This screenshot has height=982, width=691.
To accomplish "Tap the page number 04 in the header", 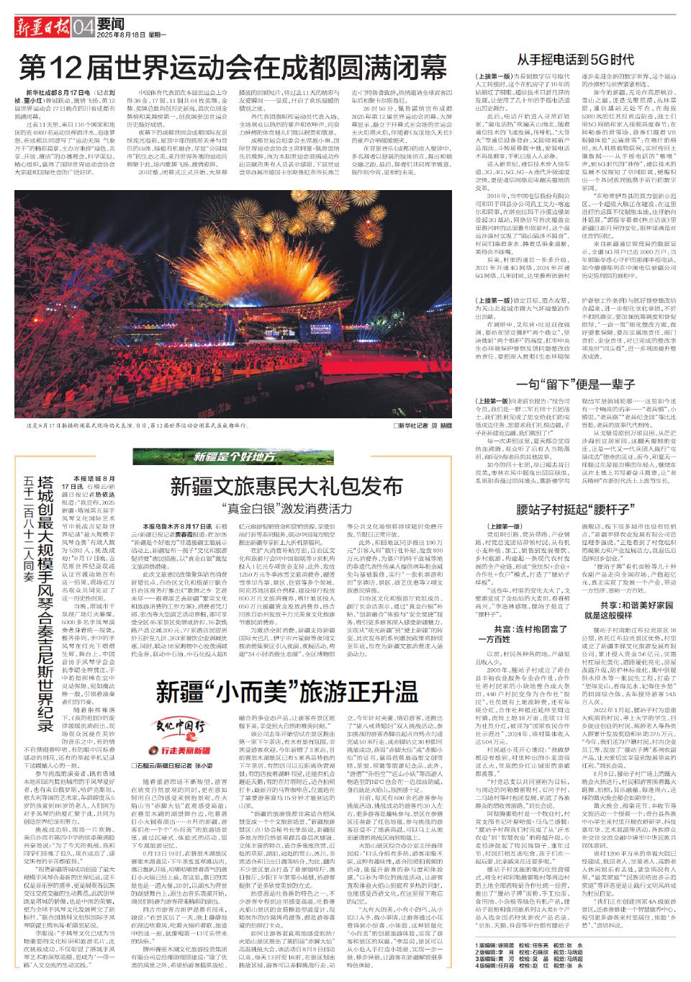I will [x=83, y=29].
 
